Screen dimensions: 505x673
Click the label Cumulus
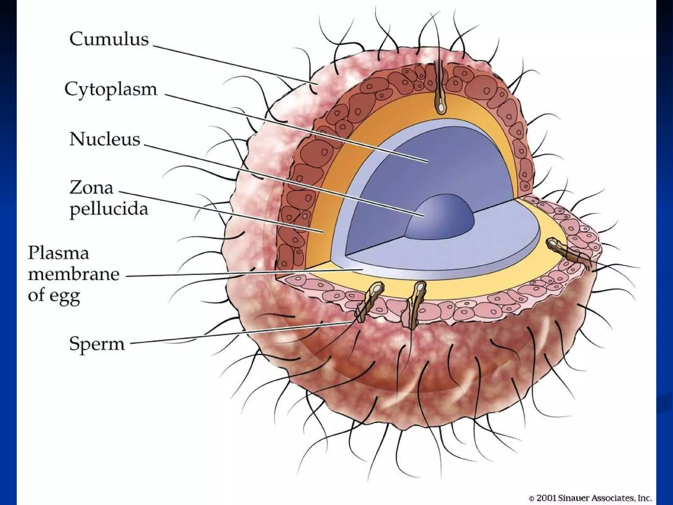pos(109,39)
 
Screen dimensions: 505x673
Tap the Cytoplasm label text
pos(111,89)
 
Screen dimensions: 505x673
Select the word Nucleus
pos(104,139)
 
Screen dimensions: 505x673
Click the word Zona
pos(91,188)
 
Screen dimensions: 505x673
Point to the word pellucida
pos(109,209)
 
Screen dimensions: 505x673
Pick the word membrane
pos(73,274)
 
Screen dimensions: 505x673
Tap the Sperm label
pos(97,344)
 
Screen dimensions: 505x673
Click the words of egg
pos(54,295)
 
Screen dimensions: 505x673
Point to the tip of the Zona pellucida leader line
pos(323,232)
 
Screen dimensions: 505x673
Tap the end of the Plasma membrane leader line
pos(361,270)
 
